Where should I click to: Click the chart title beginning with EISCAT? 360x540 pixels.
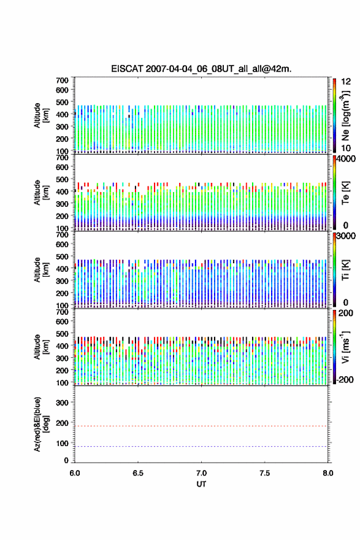coord(201,69)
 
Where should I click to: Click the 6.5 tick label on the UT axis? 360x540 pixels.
coord(138,473)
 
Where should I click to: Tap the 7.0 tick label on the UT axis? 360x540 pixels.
coord(201,473)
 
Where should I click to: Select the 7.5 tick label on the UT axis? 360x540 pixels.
coord(265,473)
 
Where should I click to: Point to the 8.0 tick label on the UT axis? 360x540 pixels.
coord(328,473)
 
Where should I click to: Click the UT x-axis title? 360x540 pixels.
coord(201,484)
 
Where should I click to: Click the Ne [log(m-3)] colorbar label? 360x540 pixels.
coord(345,115)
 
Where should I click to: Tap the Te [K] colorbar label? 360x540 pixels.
coord(345,193)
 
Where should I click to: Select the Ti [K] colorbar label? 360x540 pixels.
coord(345,271)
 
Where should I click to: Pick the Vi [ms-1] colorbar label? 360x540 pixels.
coord(345,347)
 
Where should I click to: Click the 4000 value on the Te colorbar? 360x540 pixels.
coord(347,159)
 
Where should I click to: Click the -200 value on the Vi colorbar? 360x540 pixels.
coord(344,380)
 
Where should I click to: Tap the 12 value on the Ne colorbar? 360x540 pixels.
coord(347,82)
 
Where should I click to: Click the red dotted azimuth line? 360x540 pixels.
coord(201,426)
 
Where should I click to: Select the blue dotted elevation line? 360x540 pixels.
coord(201,446)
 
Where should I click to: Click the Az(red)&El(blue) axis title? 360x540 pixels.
coord(41,424)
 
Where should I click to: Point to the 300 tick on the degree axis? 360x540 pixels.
coord(63,403)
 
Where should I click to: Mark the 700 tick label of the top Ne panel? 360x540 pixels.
coord(63,80)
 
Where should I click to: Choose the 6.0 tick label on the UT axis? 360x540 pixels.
coord(75,473)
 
